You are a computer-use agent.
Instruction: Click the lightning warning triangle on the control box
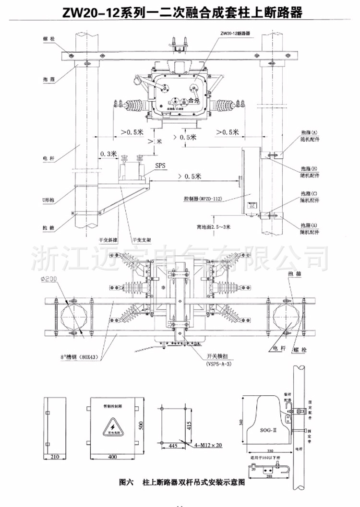tap(113, 426)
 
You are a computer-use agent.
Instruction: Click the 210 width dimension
tap(54, 457)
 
